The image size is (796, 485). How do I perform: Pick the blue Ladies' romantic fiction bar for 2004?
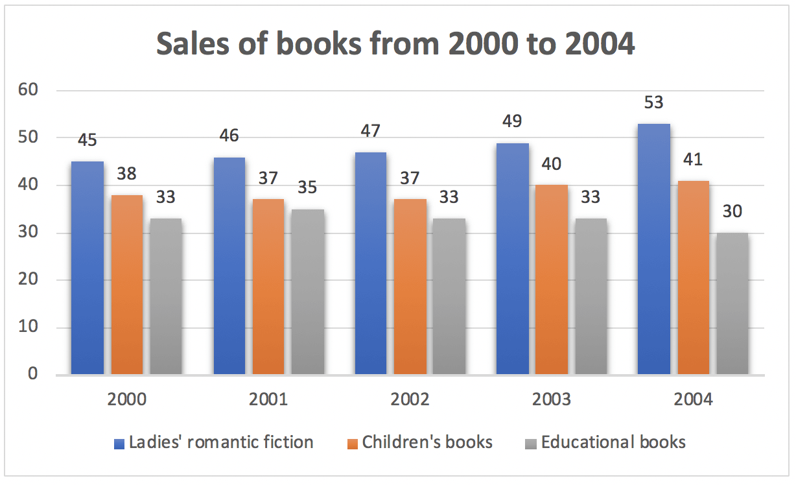pyautogui.click(x=654, y=249)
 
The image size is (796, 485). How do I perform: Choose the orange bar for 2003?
pyautogui.click(x=552, y=279)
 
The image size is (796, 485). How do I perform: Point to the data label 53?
pyautogui.click(x=654, y=102)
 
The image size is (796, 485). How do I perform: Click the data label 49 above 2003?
pyautogui.click(x=512, y=121)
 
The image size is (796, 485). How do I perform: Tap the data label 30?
pyautogui.click(x=732, y=212)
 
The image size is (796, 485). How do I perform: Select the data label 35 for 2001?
pyautogui.click(x=308, y=188)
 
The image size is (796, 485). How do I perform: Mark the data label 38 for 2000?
pyautogui.click(x=127, y=174)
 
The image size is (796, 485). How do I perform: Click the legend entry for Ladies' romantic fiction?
pyautogui.click(x=221, y=443)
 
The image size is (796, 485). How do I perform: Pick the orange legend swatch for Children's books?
pyautogui.click(x=353, y=444)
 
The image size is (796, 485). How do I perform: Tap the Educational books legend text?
pyautogui.click(x=613, y=443)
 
